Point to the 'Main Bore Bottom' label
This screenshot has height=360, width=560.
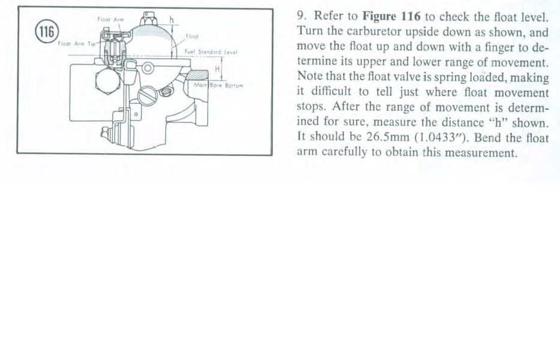[224, 86]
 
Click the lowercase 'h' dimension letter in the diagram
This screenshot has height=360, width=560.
[171, 19]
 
